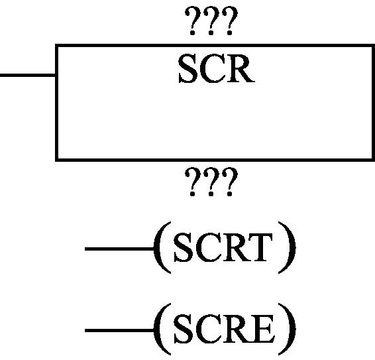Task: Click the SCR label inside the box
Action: (216, 69)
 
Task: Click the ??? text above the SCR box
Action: (211, 21)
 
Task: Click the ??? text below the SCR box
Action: (211, 182)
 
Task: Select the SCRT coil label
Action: (223, 248)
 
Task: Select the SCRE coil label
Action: (224, 329)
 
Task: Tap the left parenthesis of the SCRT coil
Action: (162, 247)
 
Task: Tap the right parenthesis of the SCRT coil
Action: (287, 247)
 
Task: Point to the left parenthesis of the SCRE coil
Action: (162, 329)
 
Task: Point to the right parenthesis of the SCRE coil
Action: (287, 329)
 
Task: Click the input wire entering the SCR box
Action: (28, 76)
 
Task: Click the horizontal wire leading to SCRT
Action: (119, 249)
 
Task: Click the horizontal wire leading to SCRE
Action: (119, 331)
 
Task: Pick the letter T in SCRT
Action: (262, 247)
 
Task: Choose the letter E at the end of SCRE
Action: (262, 329)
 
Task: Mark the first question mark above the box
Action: (193, 21)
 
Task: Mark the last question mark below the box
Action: (230, 182)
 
